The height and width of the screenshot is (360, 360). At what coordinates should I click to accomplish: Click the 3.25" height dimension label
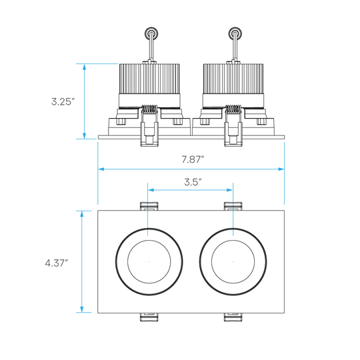coord(63,101)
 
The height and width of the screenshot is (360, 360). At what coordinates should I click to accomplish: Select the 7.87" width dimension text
coord(193,159)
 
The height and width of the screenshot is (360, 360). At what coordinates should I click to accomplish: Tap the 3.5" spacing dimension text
coord(193,182)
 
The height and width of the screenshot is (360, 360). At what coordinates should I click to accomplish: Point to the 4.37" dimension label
coord(57,263)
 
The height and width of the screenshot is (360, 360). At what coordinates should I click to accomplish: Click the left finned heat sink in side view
coord(149,79)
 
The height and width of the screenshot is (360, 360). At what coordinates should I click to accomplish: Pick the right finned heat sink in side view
coord(233,79)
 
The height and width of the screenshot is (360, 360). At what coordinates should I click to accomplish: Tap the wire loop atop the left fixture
coord(151,33)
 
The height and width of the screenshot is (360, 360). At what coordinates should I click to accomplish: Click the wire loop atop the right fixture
coord(235,33)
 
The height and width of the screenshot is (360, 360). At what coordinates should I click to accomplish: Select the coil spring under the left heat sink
coord(149,109)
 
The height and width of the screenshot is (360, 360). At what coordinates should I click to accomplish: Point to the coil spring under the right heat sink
coord(233,109)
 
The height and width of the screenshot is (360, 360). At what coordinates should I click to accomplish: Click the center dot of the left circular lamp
coord(149,262)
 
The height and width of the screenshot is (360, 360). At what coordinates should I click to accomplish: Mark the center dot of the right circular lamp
coord(233,262)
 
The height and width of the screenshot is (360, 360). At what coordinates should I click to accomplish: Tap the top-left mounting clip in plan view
coord(149,206)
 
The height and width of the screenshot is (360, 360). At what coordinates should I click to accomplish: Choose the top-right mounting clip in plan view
coord(233,206)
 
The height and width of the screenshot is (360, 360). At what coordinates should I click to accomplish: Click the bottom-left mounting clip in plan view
coord(149,317)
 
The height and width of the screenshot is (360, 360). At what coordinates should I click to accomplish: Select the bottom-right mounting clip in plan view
coord(233,317)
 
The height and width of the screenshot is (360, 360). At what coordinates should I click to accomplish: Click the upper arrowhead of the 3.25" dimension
coord(84,67)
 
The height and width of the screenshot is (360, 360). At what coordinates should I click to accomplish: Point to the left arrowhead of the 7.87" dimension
coord(101,169)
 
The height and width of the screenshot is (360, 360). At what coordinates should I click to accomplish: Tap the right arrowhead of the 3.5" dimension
coord(229,190)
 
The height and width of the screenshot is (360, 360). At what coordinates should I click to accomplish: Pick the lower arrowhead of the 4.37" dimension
coord(82,309)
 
